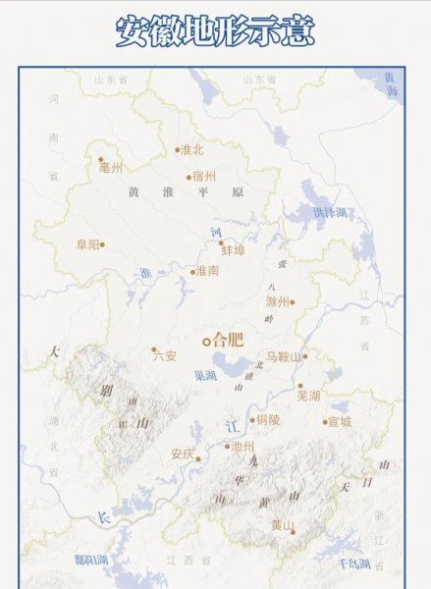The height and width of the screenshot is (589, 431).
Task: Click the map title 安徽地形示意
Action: coord(215,31)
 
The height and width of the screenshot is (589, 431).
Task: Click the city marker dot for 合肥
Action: coord(206,342)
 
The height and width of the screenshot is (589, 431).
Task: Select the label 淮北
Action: coord(191,150)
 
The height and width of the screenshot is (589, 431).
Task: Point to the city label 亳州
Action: coord(111,167)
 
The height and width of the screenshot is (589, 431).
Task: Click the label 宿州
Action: coord(204,177)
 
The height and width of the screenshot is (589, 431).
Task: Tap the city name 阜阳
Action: coord(86,244)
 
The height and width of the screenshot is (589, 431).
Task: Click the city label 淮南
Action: coord(207,270)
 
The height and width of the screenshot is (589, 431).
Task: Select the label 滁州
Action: coord(277,302)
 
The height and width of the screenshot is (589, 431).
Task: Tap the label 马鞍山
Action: coord(285,357)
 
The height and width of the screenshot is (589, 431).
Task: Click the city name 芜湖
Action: coord(309,395)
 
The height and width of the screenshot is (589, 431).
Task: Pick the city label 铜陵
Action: coord(268,420)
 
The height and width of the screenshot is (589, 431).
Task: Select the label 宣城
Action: coord(340,422)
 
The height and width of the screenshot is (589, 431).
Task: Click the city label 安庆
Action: coord(183,455)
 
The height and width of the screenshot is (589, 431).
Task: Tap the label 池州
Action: coord(242,447)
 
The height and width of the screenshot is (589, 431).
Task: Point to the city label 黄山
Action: coord(282,525)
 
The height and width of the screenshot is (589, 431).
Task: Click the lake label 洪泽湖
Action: coord(329,212)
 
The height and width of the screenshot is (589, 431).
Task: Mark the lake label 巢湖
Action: coord(205,375)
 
